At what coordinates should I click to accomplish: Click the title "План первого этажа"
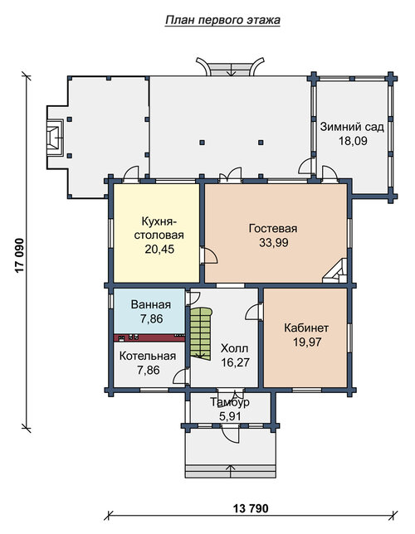pyautogui.click(x=222, y=20)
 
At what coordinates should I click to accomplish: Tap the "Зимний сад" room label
pyautogui.click(x=352, y=127)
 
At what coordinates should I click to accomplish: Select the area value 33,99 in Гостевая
pyautogui.click(x=273, y=242)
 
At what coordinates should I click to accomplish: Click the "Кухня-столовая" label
pyautogui.click(x=159, y=228)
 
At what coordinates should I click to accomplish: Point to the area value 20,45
pyautogui.click(x=159, y=249)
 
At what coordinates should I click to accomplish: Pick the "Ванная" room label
pyautogui.click(x=151, y=304)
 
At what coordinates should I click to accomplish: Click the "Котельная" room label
pyautogui.click(x=148, y=356)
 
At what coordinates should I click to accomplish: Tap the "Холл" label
pyautogui.click(x=235, y=348)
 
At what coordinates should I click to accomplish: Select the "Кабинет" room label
pyautogui.click(x=306, y=328)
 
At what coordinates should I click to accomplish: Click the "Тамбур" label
pyautogui.click(x=229, y=402)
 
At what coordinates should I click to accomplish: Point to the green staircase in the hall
pyautogui.click(x=201, y=333)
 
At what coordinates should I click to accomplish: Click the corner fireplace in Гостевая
pyautogui.click(x=334, y=271)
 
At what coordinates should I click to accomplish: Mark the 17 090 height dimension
pyautogui.click(x=20, y=255)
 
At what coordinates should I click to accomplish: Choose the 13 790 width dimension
pyautogui.click(x=251, y=508)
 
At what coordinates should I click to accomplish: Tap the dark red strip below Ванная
pyautogui.click(x=149, y=337)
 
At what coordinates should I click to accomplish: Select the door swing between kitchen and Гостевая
pyautogui.click(x=208, y=255)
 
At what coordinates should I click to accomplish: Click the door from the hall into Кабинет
pyautogui.click(x=254, y=312)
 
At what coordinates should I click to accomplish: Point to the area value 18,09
pyautogui.click(x=353, y=141)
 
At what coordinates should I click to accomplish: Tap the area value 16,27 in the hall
pyautogui.click(x=235, y=362)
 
